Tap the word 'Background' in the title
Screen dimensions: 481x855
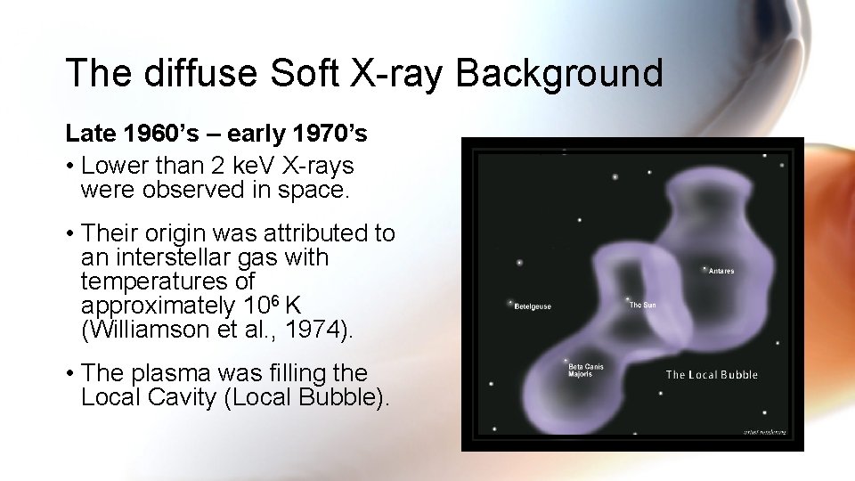559,72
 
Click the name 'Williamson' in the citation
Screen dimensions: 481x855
149,330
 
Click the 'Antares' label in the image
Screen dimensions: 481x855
721,271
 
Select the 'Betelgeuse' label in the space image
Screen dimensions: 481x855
533,306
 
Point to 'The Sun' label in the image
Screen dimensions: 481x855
642,306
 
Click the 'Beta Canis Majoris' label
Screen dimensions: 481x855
586,370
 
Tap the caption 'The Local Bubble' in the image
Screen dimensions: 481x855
712,374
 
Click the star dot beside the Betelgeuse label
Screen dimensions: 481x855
510,302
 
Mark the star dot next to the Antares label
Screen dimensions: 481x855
704,268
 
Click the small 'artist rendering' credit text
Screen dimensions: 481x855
764,432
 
